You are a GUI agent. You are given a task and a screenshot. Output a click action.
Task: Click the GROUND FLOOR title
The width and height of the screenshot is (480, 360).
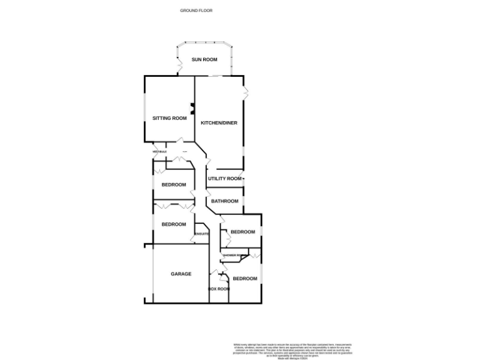pos(196,11)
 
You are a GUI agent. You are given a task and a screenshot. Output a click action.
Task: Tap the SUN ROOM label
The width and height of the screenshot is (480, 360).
pos(204,59)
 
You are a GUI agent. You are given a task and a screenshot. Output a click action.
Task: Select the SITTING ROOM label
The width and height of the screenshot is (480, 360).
pos(169,118)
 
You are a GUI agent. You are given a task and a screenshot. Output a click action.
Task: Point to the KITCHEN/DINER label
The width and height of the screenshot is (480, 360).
pos(219,123)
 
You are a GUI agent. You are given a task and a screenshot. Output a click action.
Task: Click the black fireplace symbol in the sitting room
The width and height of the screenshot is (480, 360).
pos(192,108)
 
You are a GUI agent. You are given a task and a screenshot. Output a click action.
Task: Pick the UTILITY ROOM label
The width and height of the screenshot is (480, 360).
pos(224,179)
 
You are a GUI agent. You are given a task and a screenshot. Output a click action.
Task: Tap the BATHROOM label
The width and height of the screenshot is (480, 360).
pos(224,201)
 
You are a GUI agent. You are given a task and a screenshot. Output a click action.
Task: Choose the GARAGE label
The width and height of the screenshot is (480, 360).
pos(181,274)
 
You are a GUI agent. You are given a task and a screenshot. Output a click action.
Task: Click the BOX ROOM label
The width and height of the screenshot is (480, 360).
pos(219,289)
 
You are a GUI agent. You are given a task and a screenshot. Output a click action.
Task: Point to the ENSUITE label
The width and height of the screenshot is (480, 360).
pos(201,234)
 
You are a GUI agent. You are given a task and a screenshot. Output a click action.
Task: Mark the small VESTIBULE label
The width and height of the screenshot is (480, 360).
pos(159,152)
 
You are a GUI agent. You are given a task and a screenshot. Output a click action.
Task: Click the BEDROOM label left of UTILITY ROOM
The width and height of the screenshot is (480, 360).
pos(174,184)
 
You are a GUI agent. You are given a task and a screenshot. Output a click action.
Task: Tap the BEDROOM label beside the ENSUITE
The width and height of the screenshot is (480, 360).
pos(174,224)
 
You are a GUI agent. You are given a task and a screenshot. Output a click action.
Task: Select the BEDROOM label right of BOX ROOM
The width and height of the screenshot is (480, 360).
pos(245,278)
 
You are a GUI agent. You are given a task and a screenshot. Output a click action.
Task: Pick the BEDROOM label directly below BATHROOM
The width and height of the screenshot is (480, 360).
pos(243,232)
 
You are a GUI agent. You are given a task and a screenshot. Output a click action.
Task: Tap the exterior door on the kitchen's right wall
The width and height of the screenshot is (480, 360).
pos(246,93)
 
